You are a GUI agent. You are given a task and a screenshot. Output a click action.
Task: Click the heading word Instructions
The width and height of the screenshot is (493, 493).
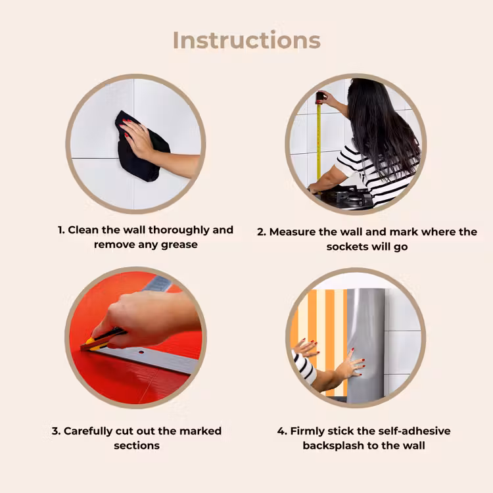246,40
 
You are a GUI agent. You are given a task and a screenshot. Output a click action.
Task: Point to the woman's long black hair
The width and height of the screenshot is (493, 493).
381,126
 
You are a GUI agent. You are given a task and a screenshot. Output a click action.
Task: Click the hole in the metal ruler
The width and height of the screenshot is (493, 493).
141,352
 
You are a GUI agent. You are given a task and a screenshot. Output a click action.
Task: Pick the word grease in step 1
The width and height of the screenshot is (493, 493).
179,245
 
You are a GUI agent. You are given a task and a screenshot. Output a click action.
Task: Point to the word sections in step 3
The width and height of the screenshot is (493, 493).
137,446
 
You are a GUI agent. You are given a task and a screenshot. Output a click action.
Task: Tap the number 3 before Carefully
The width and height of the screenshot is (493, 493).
55,431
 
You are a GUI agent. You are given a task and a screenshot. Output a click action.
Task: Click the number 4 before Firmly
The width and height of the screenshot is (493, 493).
281,431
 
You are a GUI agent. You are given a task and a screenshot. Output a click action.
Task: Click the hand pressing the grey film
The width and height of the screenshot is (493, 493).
350,365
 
